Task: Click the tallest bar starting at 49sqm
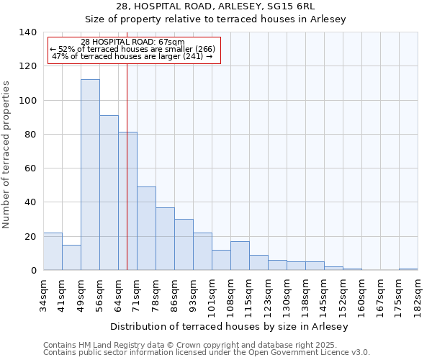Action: coord(90,175)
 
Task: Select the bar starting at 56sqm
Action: coord(109,193)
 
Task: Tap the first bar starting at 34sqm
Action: coord(53,251)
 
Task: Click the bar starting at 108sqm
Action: coord(240,256)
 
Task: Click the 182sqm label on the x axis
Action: coord(418,293)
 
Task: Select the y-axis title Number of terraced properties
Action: coord(7,154)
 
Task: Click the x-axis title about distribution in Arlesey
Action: coord(230,326)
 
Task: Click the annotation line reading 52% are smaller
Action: coord(132,49)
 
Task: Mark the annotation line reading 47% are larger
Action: coord(132,56)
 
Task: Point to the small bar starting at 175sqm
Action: coord(408,269)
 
